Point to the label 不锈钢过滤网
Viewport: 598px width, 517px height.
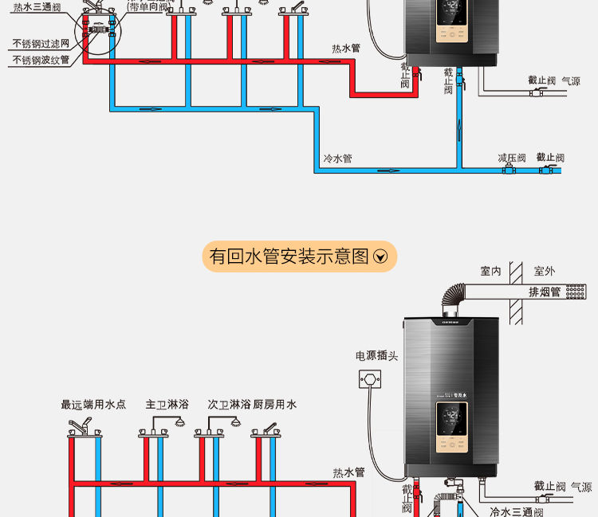pos(41,43)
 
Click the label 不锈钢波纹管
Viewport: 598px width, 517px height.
pos(41,60)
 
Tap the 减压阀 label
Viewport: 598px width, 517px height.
pos(512,158)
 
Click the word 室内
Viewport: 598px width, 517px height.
pos(490,272)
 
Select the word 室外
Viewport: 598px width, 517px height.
pos(545,272)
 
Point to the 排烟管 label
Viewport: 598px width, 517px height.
pos(545,292)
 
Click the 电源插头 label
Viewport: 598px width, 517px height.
pos(376,355)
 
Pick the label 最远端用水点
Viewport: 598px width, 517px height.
pos(93,405)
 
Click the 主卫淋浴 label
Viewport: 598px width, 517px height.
pos(167,405)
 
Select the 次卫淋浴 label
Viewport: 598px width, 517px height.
pos(229,405)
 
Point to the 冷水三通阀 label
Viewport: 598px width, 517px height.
pos(516,511)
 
